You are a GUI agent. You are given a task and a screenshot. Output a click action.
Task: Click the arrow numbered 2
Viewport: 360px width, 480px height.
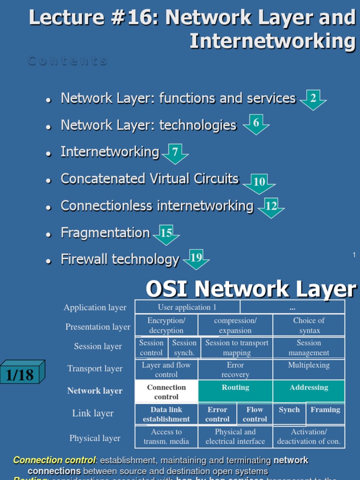click(313, 99)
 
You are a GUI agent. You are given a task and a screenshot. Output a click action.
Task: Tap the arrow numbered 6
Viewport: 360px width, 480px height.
click(256, 124)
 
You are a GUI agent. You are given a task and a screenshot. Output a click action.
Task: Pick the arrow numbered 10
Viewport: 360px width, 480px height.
click(259, 183)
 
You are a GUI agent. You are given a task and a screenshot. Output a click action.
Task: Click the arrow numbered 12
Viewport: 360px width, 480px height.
click(271, 207)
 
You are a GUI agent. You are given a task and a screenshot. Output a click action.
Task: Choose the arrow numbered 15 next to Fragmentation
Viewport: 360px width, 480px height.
click(166, 233)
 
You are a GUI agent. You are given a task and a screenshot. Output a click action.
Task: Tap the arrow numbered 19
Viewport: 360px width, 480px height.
click(196, 258)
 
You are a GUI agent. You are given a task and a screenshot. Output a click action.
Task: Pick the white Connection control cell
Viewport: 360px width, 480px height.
click(166, 391)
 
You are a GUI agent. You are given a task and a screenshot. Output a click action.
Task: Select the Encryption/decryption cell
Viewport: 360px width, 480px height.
click(166, 325)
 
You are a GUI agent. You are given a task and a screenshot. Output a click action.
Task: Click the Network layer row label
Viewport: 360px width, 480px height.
click(95, 391)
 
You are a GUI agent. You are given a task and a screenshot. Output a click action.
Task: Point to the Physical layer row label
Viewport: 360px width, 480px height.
click(95, 438)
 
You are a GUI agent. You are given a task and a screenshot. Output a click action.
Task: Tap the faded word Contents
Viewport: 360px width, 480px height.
click(67, 61)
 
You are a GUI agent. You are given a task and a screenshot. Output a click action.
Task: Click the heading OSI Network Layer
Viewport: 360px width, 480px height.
click(251, 289)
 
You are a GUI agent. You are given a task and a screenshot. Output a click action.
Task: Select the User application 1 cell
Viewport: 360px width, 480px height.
click(187, 307)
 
